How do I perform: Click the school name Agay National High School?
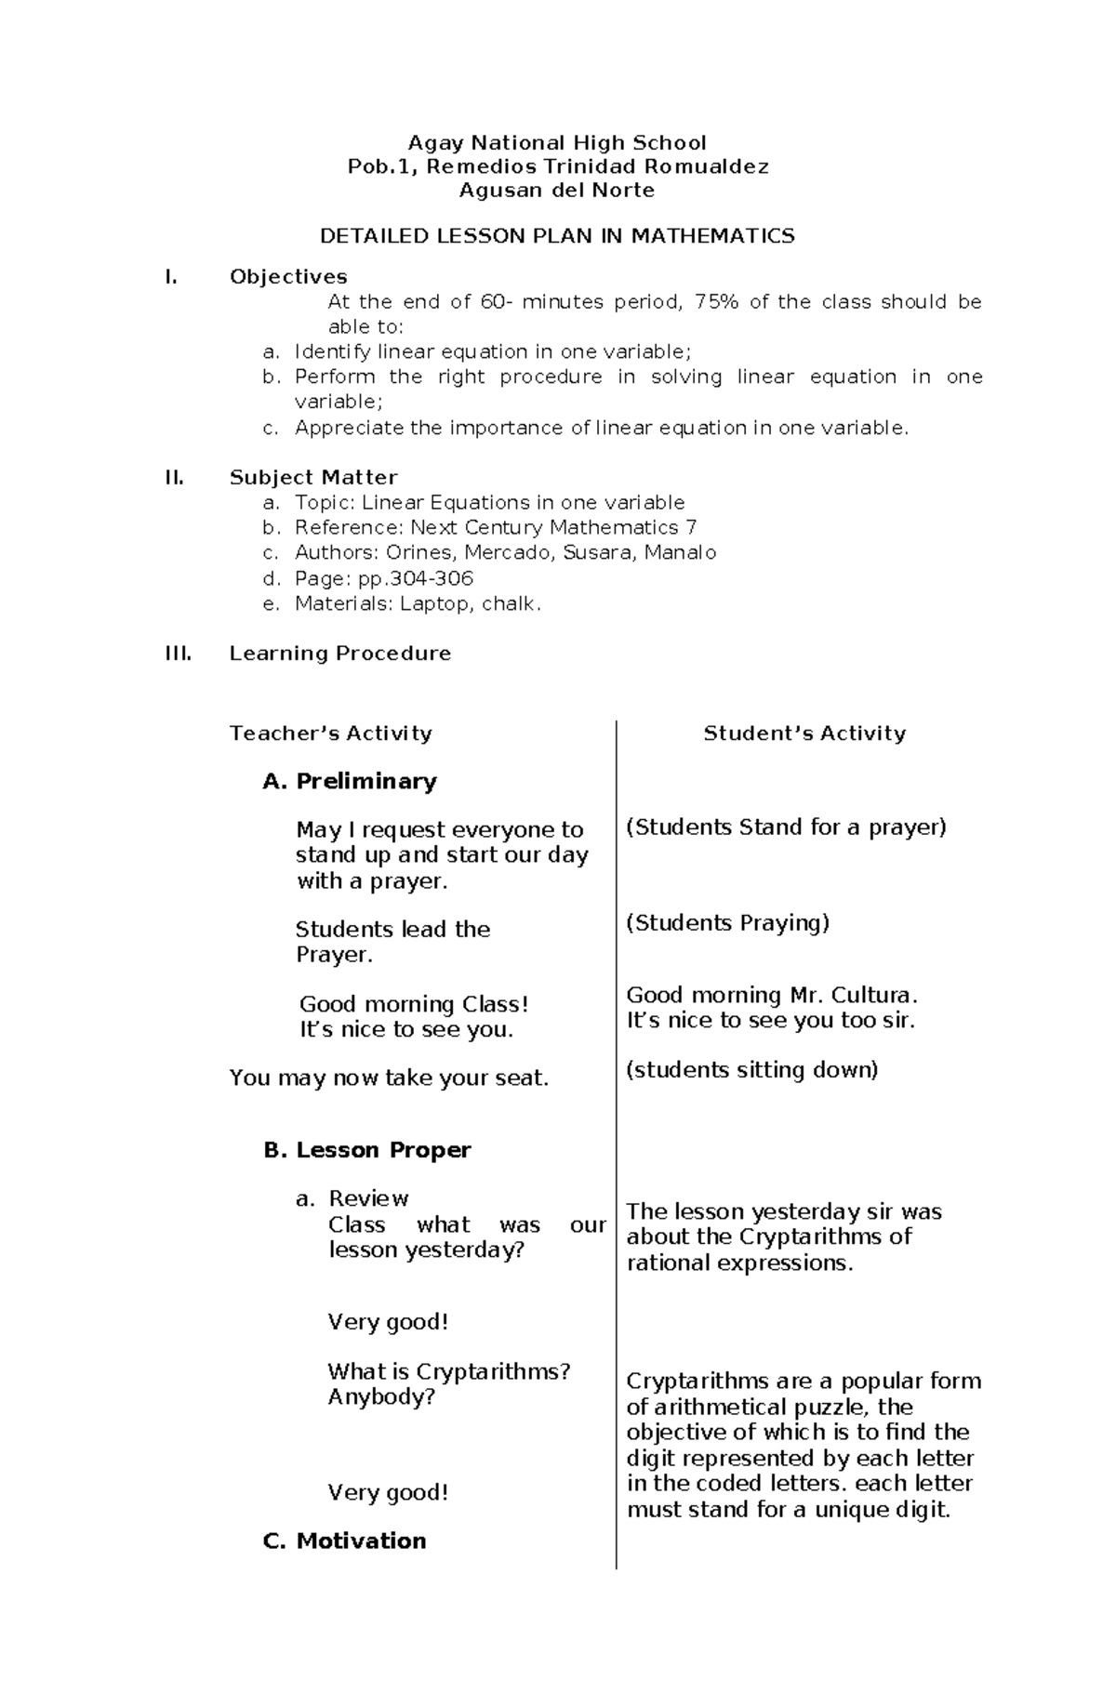[557, 143]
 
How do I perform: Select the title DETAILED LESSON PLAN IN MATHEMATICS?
[557, 236]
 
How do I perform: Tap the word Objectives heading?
[288, 277]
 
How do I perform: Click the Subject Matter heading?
[313, 478]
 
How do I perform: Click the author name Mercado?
[509, 553]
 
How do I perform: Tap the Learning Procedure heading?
[339, 654]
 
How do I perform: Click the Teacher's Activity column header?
[330, 734]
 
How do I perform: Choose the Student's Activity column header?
[804, 734]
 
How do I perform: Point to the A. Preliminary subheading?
[350, 782]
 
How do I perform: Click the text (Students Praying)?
[727, 923]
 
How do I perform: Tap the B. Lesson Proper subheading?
[367, 1151]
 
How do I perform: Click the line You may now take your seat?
[389, 1078]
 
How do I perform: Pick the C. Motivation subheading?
[345, 1541]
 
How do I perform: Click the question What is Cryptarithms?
[448, 1372]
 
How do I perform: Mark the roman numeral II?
[174, 478]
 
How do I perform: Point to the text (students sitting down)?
[752, 1070]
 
